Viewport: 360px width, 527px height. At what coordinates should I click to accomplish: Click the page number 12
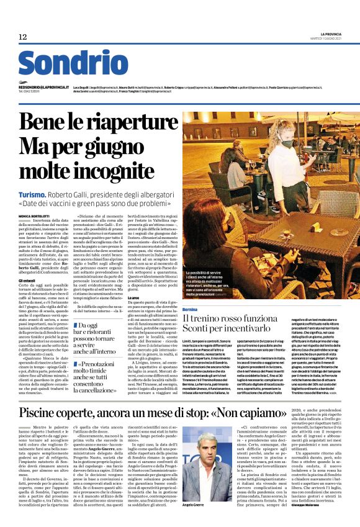(23, 37)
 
